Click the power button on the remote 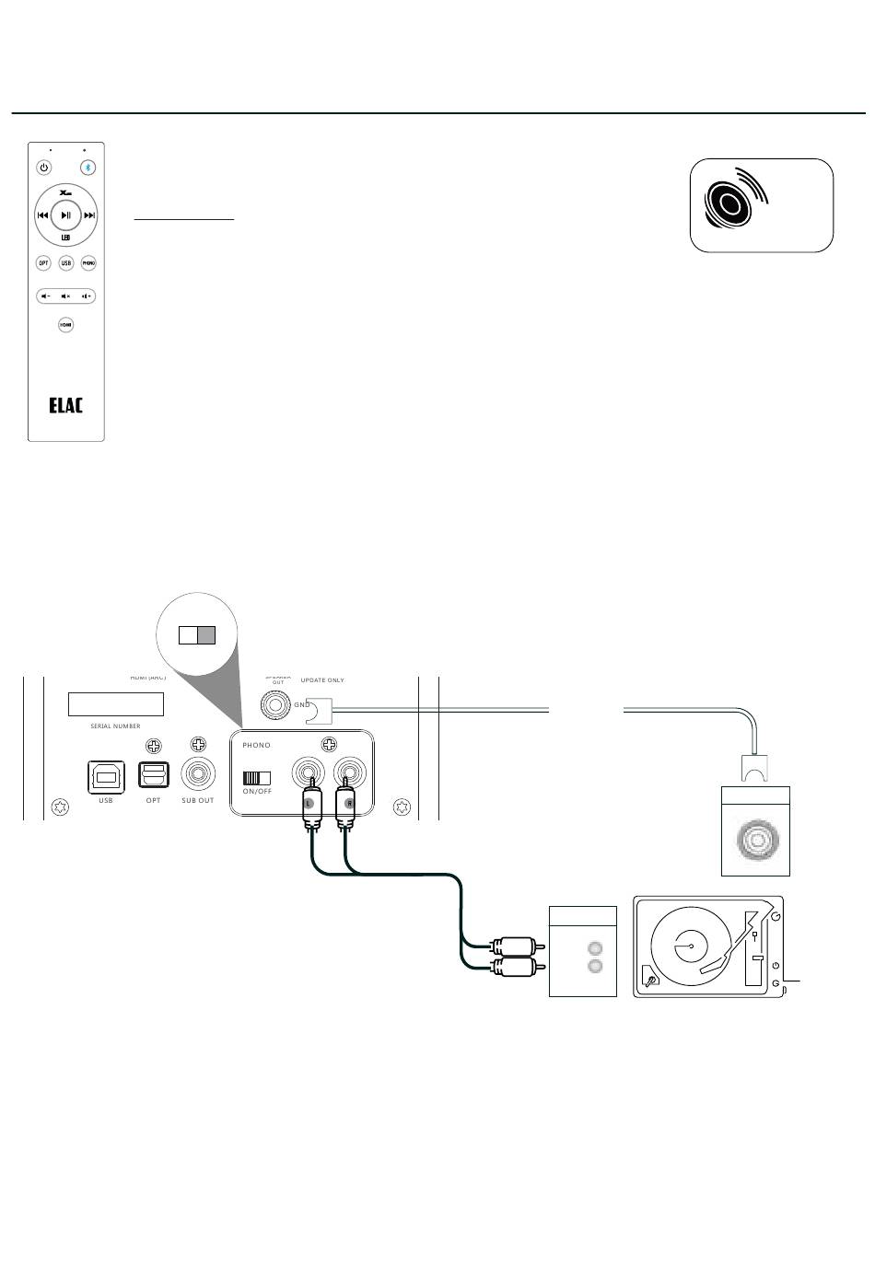point(43,168)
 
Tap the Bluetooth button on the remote point(88,168)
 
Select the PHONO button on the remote point(88,263)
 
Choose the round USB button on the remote point(66,263)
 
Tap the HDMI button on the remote point(66,324)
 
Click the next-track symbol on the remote point(89,215)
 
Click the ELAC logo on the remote point(66,405)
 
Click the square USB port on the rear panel point(106,776)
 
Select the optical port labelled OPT point(154,775)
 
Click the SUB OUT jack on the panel point(197,774)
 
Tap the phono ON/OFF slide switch point(256,777)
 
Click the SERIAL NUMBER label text point(115,726)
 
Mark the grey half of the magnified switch point(206,635)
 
